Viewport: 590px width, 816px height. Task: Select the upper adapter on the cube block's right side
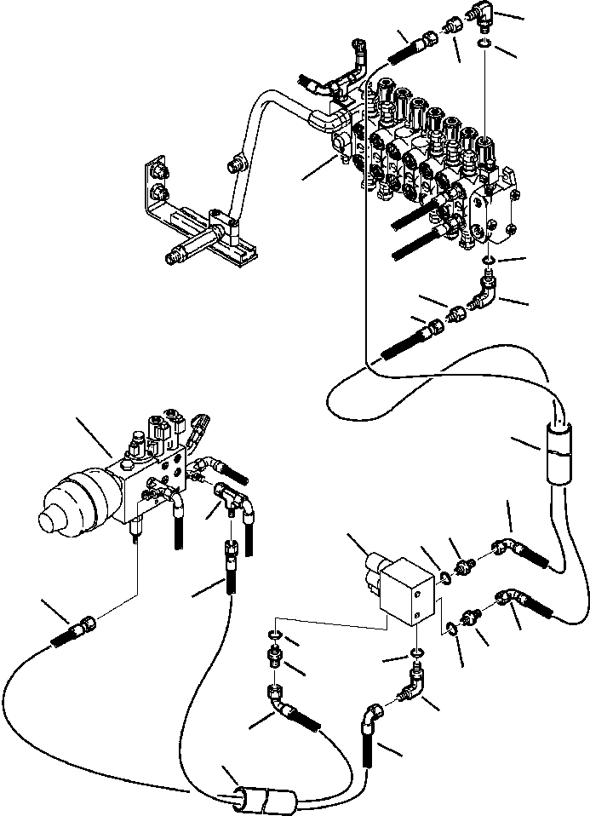click(467, 564)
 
